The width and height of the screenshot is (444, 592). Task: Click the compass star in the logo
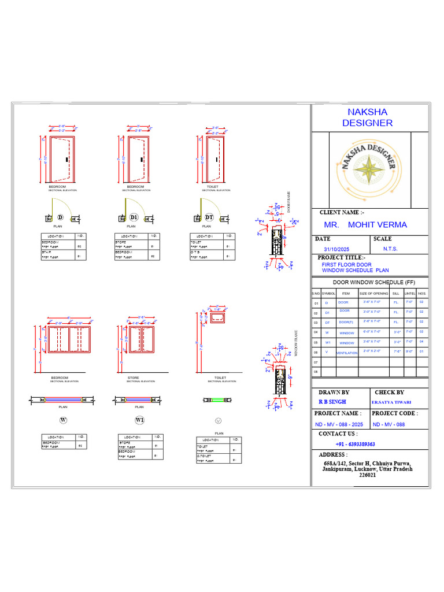click(x=368, y=169)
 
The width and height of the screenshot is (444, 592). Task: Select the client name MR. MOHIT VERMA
click(x=365, y=225)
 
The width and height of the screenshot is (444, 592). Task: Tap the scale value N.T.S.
click(x=390, y=249)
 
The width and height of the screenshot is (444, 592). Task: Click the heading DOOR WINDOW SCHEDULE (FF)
click(x=370, y=282)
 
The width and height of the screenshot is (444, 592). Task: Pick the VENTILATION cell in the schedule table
click(x=346, y=352)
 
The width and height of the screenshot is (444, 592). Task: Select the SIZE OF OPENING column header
click(x=374, y=294)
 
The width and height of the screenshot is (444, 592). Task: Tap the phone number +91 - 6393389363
click(x=356, y=444)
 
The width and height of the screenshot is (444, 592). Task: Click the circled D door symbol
click(x=60, y=217)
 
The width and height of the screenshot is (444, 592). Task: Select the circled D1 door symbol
click(x=134, y=217)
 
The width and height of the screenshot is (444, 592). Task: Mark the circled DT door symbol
click(x=209, y=217)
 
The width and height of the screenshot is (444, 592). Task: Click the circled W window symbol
click(x=63, y=419)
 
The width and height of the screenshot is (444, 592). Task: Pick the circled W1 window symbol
click(x=139, y=419)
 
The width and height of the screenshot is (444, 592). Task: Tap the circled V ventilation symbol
click(x=219, y=419)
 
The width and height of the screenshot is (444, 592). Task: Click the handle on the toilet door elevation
click(x=216, y=158)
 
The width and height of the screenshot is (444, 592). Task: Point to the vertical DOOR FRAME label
click(x=288, y=202)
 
